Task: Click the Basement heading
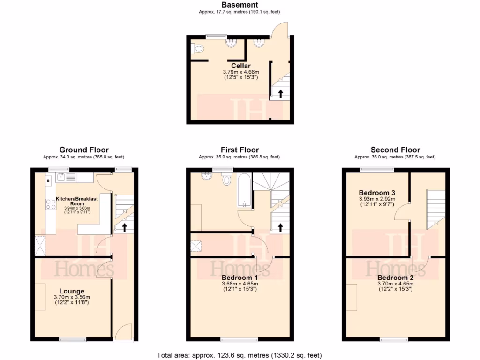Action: [x=240, y=5]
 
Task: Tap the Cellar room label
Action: [x=240, y=66]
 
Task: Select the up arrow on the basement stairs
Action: [x=280, y=93]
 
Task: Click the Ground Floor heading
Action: [x=84, y=150]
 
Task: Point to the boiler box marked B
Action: [x=48, y=180]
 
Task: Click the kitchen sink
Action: [x=61, y=177]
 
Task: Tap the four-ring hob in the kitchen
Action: [x=50, y=204]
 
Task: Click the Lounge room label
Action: [x=72, y=291]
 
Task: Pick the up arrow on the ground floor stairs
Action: [x=125, y=227]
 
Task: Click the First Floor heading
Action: [x=239, y=150]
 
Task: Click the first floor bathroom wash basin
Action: [x=207, y=176]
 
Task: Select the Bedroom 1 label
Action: [x=240, y=277]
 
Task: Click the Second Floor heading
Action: [x=395, y=150]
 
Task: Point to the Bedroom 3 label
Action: [x=377, y=193]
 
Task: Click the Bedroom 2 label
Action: [x=396, y=277]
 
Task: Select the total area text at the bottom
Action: [x=239, y=355]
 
